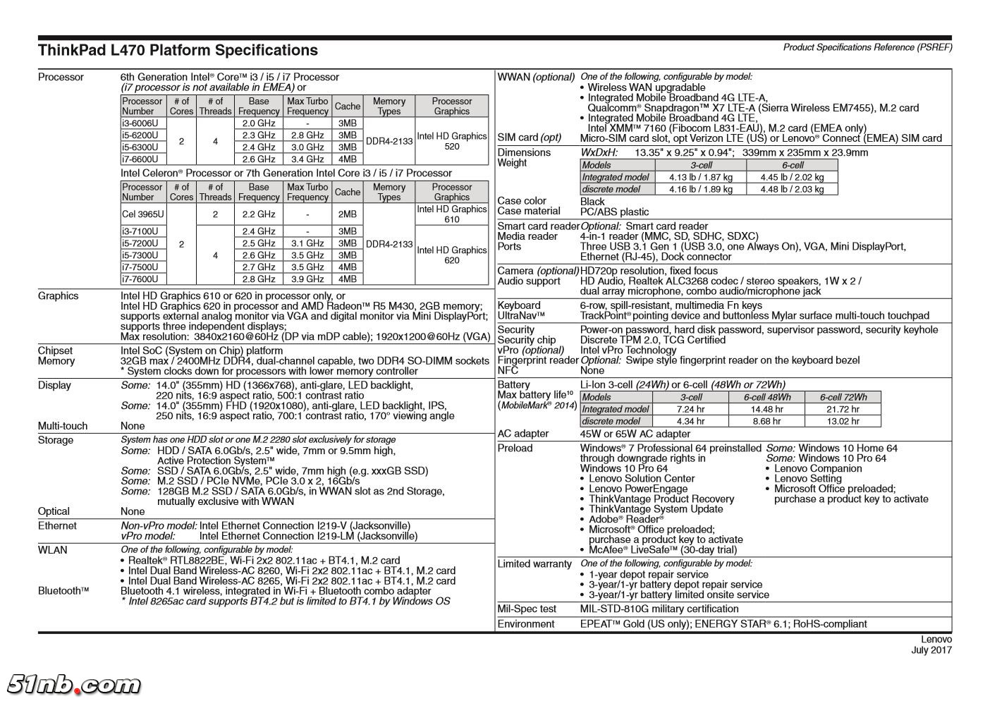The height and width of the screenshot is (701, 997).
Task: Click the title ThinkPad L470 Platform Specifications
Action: [x=178, y=50]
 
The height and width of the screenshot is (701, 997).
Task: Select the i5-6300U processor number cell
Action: [x=140, y=147]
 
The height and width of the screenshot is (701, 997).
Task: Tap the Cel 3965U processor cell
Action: [x=143, y=214]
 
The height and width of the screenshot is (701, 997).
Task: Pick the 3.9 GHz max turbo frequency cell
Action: [x=307, y=279]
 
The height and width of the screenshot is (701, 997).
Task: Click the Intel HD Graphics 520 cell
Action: [x=451, y=141]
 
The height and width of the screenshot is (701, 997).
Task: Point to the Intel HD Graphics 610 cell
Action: [x=451, y=214]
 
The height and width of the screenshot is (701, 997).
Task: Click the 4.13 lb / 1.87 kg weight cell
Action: [x=700, y=178]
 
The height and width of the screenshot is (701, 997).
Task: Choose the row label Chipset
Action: [x=55, y=350]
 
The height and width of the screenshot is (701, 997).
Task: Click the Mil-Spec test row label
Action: [x=527, y=609]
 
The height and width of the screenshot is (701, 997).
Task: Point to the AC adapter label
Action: [x=523, y=434]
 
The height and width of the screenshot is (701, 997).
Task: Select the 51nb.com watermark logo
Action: [x=73, y=683]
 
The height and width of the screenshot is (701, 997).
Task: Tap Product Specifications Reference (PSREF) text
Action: [x=867, y=47]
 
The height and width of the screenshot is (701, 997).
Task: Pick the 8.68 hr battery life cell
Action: [x=766, y=421]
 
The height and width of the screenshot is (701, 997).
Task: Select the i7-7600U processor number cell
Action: [x=140, y=279]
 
